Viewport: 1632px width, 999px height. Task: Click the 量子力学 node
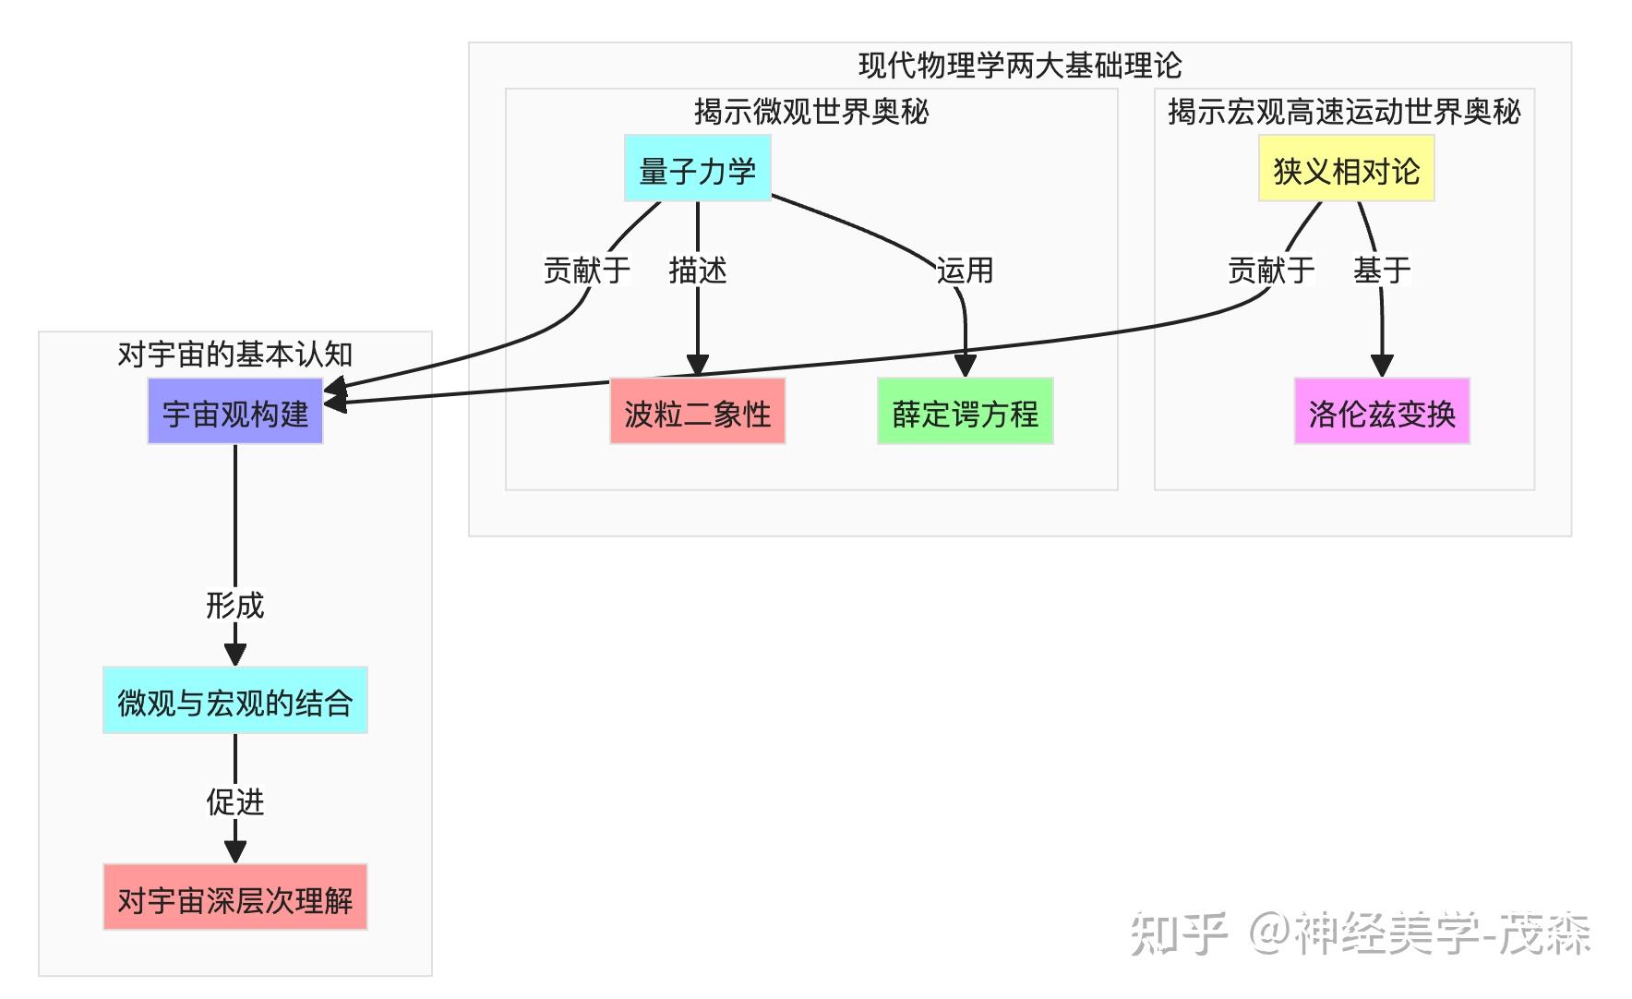pos(697,169)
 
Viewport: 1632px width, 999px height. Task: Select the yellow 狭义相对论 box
pos(1346,169)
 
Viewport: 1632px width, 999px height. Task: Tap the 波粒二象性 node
pos(697,412)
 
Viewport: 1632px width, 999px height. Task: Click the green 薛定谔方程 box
pos(965,412)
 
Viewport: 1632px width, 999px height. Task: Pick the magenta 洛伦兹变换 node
pos(1381,412)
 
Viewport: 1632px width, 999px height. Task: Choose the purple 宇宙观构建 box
pos(234,412)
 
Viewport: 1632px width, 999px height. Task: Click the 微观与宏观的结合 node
pos(234,701)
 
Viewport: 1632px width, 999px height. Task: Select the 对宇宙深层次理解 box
pos(234,897)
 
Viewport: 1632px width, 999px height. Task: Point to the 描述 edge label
pos(697,270)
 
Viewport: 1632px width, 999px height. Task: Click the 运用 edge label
pos(965,270)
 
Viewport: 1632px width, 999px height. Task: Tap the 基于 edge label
pos(1381,270)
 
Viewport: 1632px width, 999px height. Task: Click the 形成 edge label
pos(234,605)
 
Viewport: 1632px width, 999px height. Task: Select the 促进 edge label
pos(234,801)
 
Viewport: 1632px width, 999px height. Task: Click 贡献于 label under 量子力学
pos(586,270)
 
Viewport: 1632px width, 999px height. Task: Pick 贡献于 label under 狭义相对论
pos(1270,270)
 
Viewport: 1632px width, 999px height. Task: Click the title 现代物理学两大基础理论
pos(1019,65)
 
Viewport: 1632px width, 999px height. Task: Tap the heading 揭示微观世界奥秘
pos(810,111)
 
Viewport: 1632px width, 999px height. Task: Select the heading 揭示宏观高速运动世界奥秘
pos(1343,111)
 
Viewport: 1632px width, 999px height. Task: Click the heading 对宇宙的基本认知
pos(234,354)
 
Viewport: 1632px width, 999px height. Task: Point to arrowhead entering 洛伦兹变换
pos(1381,367)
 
